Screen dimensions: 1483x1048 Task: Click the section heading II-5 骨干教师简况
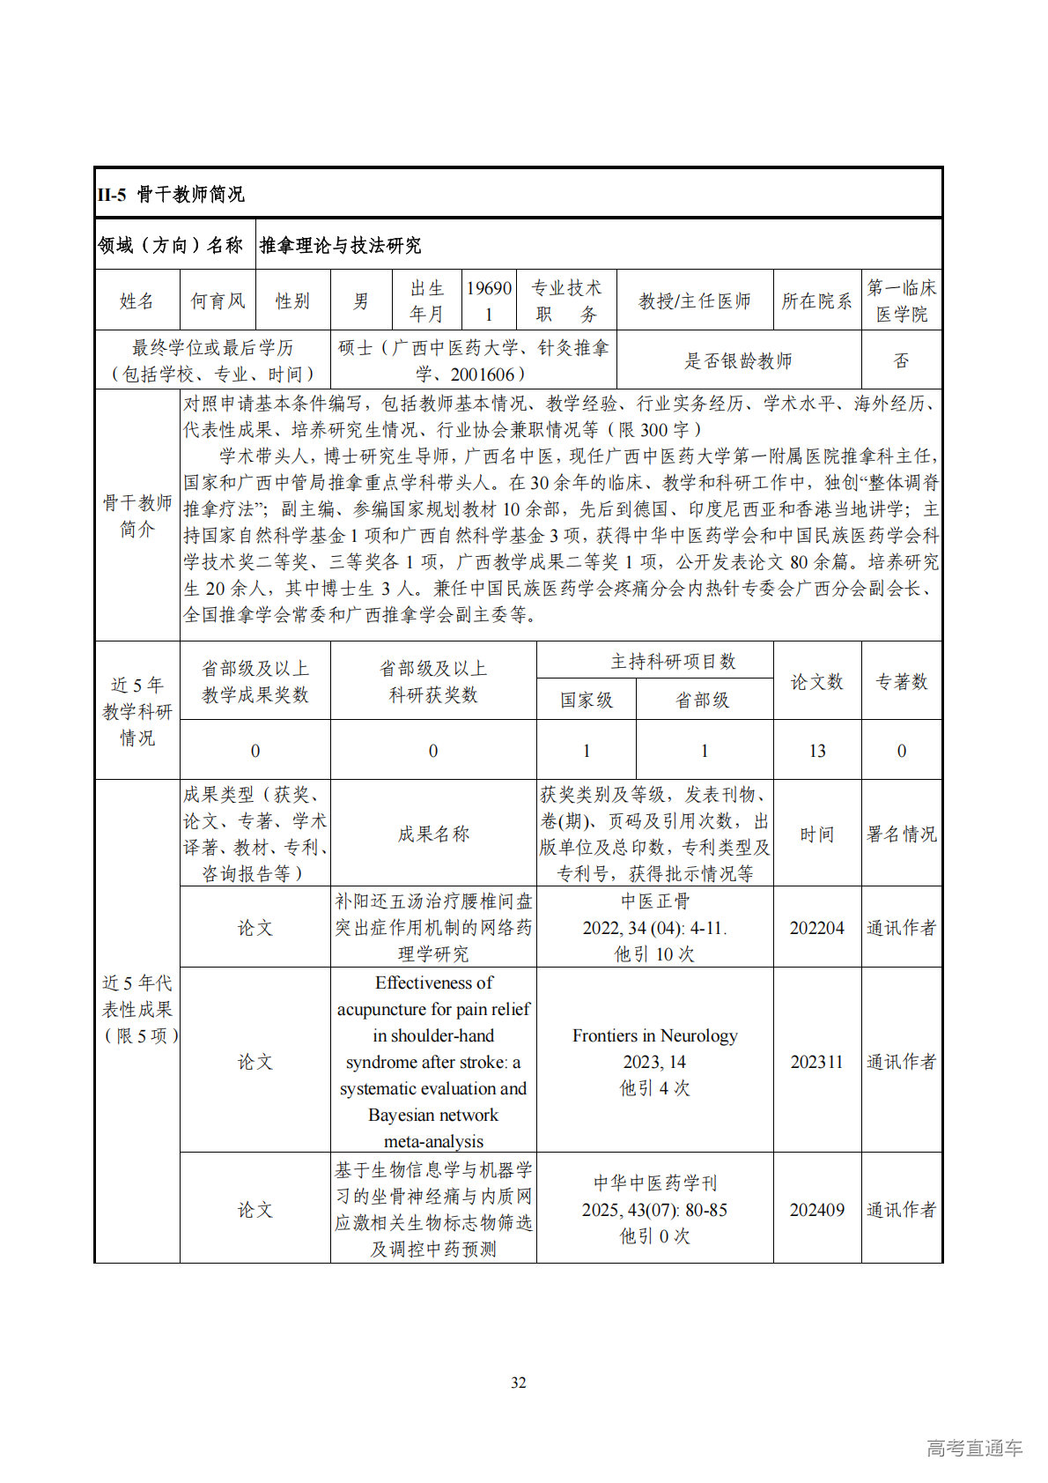(x=171, y=194)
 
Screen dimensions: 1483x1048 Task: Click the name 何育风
(x=218, y=301)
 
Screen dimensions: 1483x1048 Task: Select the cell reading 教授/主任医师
(x=695, y=301)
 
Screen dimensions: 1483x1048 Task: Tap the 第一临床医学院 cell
(x=901, y=301)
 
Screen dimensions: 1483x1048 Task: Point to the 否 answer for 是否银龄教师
(x=901, y=360)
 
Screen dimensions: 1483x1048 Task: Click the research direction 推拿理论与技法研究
(x=340, y=245)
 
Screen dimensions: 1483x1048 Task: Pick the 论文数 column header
(x=816, y=681)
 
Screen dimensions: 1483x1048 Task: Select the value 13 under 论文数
(x=816, y=751)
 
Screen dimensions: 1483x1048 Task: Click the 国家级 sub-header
(x=587, y=701)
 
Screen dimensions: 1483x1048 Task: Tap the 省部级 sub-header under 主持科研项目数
(x=703, y=701)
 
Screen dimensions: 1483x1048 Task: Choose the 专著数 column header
(x=901, y=681)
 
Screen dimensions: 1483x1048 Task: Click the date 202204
(x=816, y=928)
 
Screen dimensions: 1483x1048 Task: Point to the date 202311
(x=816, y=1062)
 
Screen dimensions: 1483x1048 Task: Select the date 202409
(x=816, y=1210)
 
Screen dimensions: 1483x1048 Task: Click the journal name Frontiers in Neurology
(x=655, y=1035)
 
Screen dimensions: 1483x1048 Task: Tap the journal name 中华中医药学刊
(x=655, y=1183)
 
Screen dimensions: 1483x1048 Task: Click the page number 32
(x=519, y=1383)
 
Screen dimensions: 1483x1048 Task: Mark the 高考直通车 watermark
(x=974, y=1447)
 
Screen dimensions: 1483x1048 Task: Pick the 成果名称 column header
(x=433, y=834)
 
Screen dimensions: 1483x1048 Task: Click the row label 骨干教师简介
(x=137, y=515)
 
